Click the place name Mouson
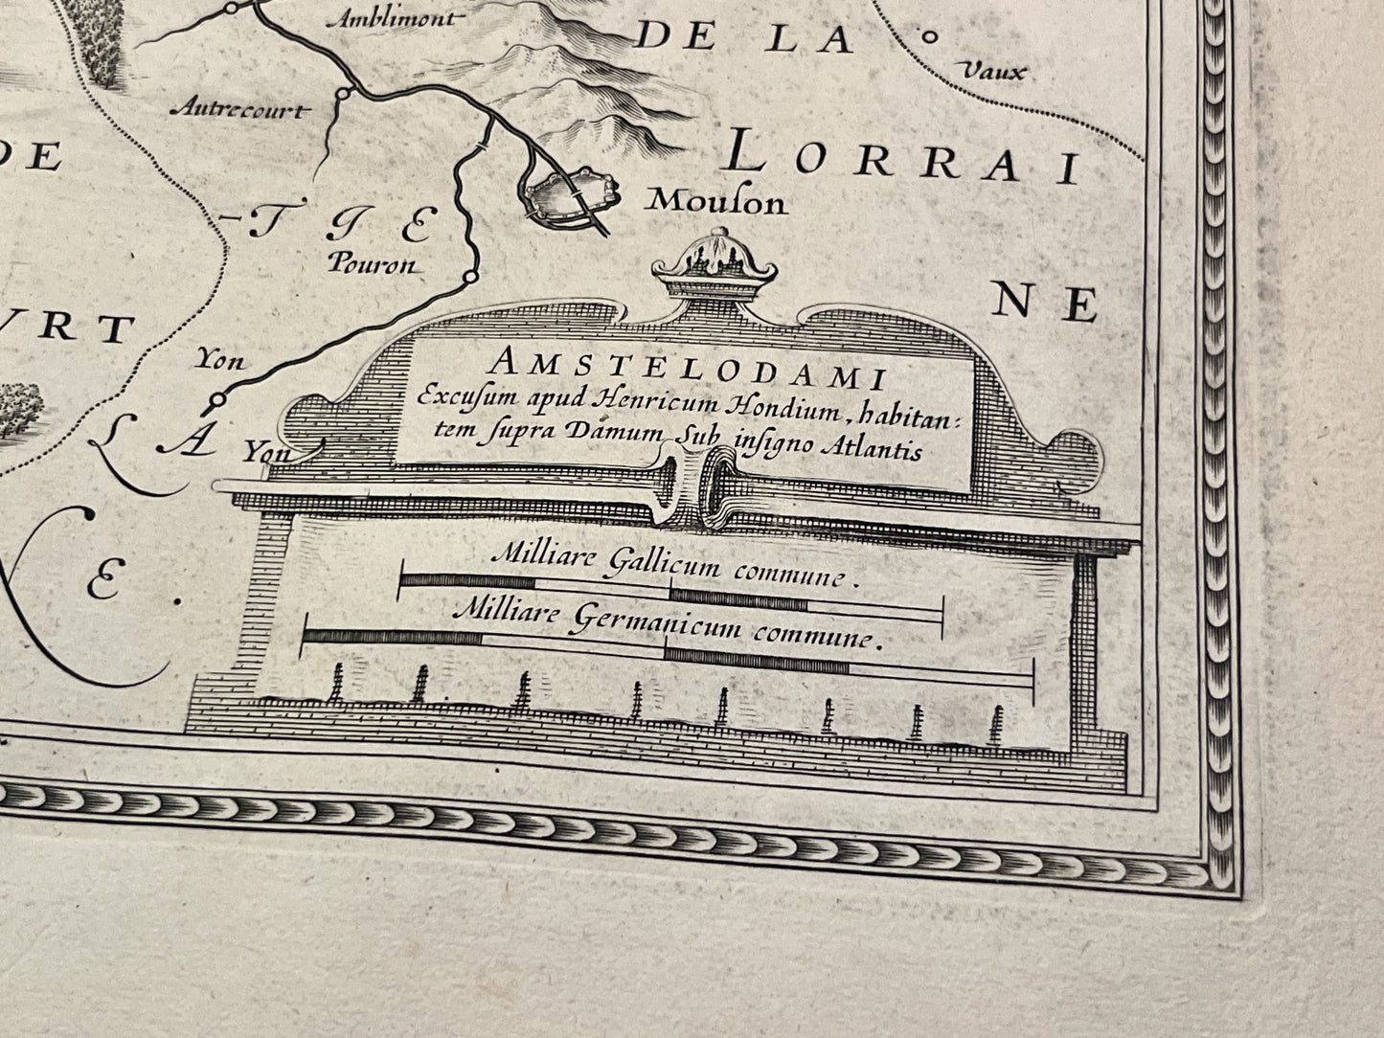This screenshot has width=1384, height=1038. tap(716, 202)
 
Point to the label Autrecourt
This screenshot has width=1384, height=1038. tap(239, 109)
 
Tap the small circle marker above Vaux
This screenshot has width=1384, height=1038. tap(927, 36)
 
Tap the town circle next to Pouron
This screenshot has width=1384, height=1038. tap(469, 277)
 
